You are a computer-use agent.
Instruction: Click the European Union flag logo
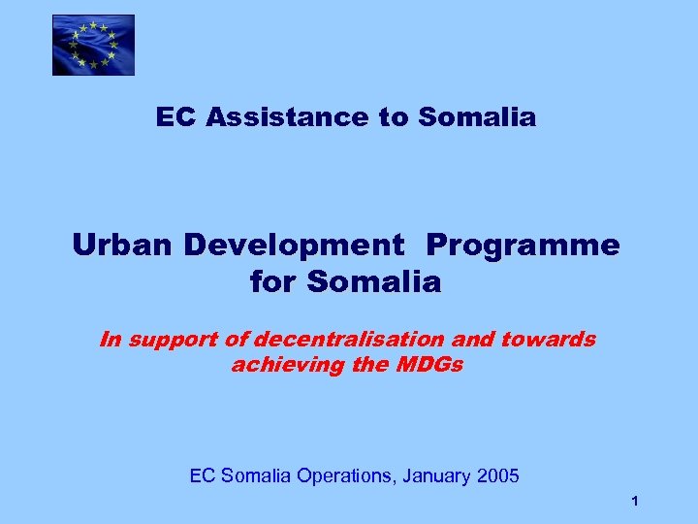[x=93, y=45]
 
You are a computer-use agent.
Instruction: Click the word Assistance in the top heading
[x=284, y=118]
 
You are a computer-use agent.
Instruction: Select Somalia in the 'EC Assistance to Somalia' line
[x=477, y=118]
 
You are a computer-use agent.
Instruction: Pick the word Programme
[x=523, y=246]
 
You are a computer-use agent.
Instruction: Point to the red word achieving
[x=274, y=365]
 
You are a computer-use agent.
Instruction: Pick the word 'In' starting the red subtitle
[x=111, y=340]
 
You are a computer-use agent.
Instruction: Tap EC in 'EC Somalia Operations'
[x=202, y=476]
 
